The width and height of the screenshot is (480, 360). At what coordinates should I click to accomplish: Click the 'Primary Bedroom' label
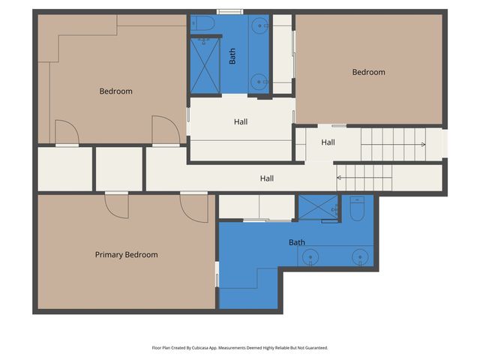(126, 255)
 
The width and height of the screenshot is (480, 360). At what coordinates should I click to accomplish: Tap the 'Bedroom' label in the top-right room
(369, 73)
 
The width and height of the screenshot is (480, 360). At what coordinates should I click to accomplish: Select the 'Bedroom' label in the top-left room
(115, 91)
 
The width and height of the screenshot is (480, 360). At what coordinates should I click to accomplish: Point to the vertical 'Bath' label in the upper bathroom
(232, 56)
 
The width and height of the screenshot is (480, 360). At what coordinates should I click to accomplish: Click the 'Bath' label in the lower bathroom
(297, 242)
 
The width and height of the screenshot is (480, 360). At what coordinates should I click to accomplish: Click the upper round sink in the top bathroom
(260, 25)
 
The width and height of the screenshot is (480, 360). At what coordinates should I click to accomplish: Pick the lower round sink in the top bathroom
(260, 81)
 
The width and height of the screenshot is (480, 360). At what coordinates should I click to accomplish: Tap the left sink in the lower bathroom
(310, 257)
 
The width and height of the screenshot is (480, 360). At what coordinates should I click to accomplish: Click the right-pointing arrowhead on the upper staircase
(423, 144)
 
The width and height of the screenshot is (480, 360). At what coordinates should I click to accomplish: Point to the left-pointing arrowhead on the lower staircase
(339, 178)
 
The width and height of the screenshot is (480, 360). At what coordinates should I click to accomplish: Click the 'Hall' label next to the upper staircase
(328, 142)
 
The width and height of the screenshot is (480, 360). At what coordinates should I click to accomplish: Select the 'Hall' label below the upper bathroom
(240, 121)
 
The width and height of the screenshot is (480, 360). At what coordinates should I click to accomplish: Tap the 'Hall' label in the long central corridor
(266, 178)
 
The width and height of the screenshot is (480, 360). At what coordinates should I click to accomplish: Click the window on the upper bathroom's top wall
(229, 11)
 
